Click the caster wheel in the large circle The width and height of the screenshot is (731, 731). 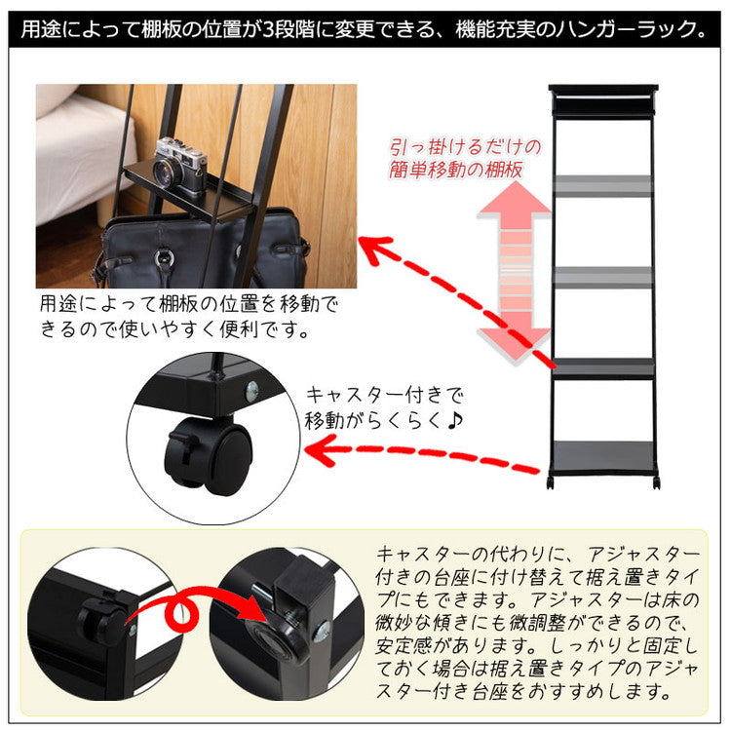[x=209, y=455]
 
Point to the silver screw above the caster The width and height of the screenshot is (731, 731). [x=252, y=388]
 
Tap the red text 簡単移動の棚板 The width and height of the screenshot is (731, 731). [x=455, y=170]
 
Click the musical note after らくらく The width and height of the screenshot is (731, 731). [x=454, y=420]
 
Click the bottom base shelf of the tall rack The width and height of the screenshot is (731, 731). [x=603, y=458]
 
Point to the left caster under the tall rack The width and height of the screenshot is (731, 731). [x=551, y=482]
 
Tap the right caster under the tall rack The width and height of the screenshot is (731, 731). [x=656, y=482]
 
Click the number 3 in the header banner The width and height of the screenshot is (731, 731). [x=268, y=29]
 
